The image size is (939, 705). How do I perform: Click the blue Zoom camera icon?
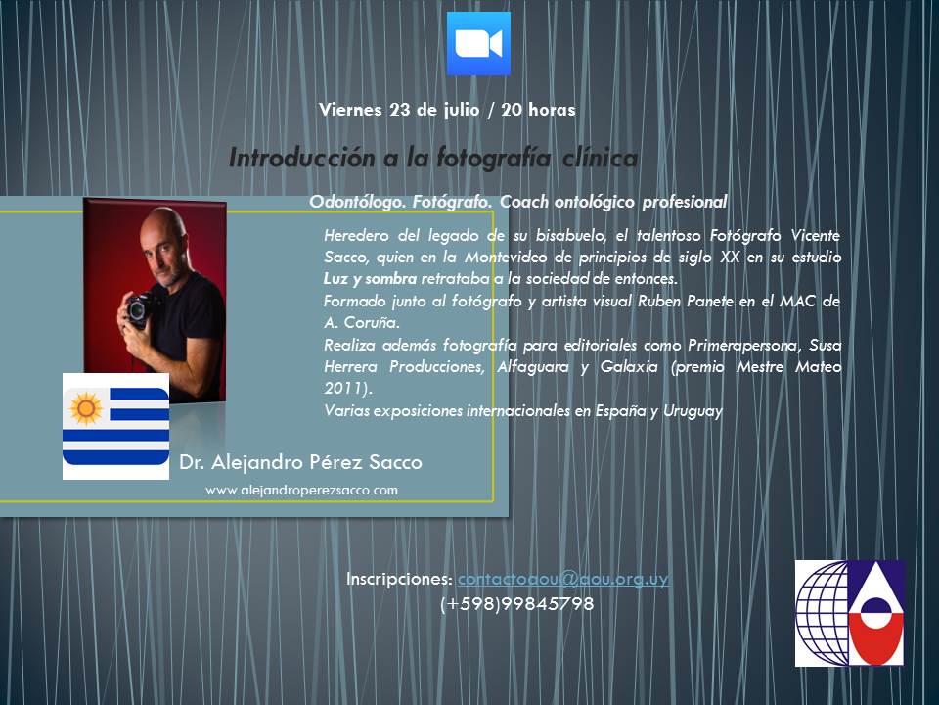point(478,44)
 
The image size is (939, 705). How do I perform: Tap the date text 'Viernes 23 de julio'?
point(399,110)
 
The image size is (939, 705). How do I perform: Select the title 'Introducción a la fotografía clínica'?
point(433,158)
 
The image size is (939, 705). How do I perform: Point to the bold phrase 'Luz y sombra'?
point(370,279)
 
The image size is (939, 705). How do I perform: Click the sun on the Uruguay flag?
point(86,408)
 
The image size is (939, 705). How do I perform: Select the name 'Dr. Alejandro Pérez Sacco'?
point(300,462)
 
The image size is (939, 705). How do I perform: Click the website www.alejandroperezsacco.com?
point(301,491)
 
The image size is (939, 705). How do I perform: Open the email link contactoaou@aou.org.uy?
point(563,579)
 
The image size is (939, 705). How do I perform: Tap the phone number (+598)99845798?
point(516,604)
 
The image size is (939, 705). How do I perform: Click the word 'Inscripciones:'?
point(399,579)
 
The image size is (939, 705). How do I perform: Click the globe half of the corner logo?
point(823,613)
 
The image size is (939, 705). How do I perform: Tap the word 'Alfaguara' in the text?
point(533,367)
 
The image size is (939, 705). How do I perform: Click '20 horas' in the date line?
point(538,110)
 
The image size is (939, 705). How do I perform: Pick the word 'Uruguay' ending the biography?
point(693,411)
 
